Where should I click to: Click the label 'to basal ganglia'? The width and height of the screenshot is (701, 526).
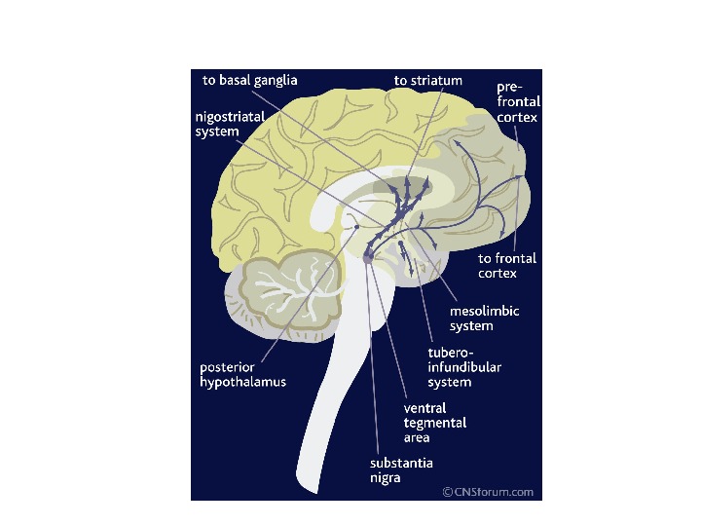[x=249, y=80]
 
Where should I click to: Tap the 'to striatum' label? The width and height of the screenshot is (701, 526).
[x=427, y=80]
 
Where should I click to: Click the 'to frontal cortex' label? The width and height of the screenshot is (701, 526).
[x=507, y=266]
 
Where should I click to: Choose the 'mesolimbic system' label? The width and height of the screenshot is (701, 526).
[x=484, y=319]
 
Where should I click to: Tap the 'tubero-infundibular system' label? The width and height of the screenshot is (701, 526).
[x=464, y=366]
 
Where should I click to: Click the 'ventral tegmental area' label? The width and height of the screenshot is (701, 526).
[x=434, y=423]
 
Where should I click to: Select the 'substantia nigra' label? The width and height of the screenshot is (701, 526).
[x=401, y=470]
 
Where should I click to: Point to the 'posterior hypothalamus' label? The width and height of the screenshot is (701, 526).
[x=242, y=375]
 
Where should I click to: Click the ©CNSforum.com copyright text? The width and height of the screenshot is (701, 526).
[x=488, y=492]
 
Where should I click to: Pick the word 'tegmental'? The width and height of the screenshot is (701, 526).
[x=434, y=423]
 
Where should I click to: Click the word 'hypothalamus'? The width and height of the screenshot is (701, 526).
[x=242, y=382]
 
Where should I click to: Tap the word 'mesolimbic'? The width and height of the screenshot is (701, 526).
[x=484, y=312]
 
